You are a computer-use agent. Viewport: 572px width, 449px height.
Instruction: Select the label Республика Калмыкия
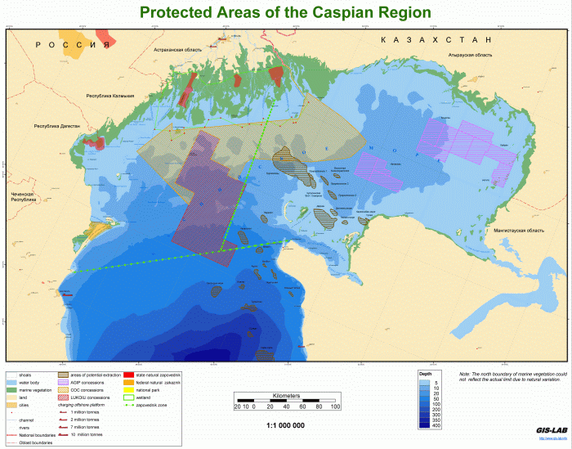(x=110, y=97)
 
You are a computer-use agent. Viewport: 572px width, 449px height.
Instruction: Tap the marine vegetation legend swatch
(x=12, y=390)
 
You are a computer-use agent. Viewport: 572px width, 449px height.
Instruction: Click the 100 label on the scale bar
(x=334, y=406)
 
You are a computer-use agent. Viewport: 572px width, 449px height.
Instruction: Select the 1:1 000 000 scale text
(x=286, y=426)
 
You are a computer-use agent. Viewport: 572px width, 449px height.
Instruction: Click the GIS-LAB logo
(x=546, y=431)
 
